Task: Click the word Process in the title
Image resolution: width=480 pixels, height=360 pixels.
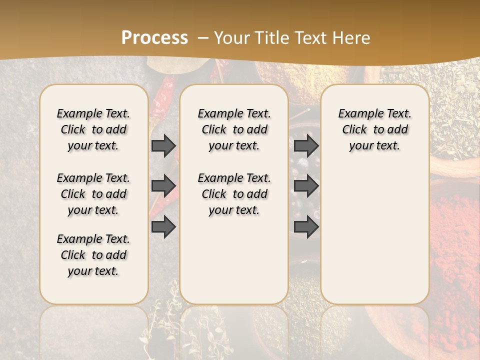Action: click(154, 37)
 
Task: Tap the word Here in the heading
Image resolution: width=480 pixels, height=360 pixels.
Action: click(351, 37)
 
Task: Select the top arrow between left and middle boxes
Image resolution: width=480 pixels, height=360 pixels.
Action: click(163, 146)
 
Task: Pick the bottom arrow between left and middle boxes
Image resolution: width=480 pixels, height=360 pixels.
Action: click(163, 227)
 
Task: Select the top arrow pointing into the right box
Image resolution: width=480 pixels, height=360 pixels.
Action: click(306, 146)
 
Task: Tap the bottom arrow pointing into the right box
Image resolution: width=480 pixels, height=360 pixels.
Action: click(306, 227)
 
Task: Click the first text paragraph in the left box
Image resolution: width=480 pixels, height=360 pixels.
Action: click(93, 129)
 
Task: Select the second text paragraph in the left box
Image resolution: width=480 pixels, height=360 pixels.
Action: click(93, 194)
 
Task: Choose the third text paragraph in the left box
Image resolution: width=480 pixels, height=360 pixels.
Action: click(93, 255)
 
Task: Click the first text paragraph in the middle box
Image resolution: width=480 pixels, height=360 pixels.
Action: click(234, 129)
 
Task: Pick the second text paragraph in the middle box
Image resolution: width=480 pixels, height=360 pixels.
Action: click(234, 194)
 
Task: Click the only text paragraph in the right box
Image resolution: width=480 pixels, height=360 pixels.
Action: click(374, 129)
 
